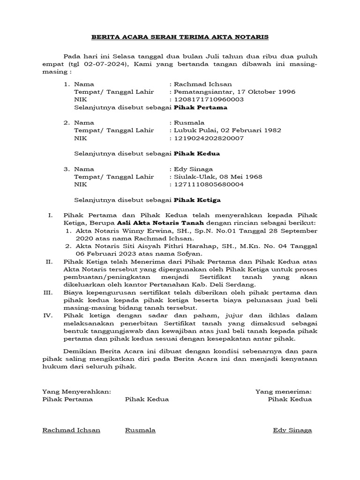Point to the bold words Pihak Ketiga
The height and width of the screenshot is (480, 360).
(x=197, y=200)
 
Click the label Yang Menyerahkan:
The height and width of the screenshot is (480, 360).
(x=76, y=391)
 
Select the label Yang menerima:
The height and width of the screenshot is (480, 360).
(x=283, y=391)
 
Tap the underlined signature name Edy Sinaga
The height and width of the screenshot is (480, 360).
(x=292, y=430)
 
